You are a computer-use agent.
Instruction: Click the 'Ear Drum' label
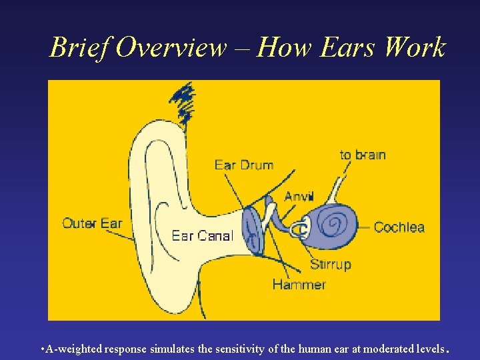tap(243, 165)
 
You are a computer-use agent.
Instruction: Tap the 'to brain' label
tap(363, 155)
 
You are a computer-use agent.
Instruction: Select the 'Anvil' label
tap(299, 196)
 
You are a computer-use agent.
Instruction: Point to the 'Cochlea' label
tap(399, 227)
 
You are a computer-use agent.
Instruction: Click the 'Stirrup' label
tap(330, 265)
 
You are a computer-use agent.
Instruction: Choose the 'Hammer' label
tap(299, 285)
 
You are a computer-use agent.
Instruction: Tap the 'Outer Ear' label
tap(92, 223)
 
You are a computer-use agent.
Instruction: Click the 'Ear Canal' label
tap(203, 235)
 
